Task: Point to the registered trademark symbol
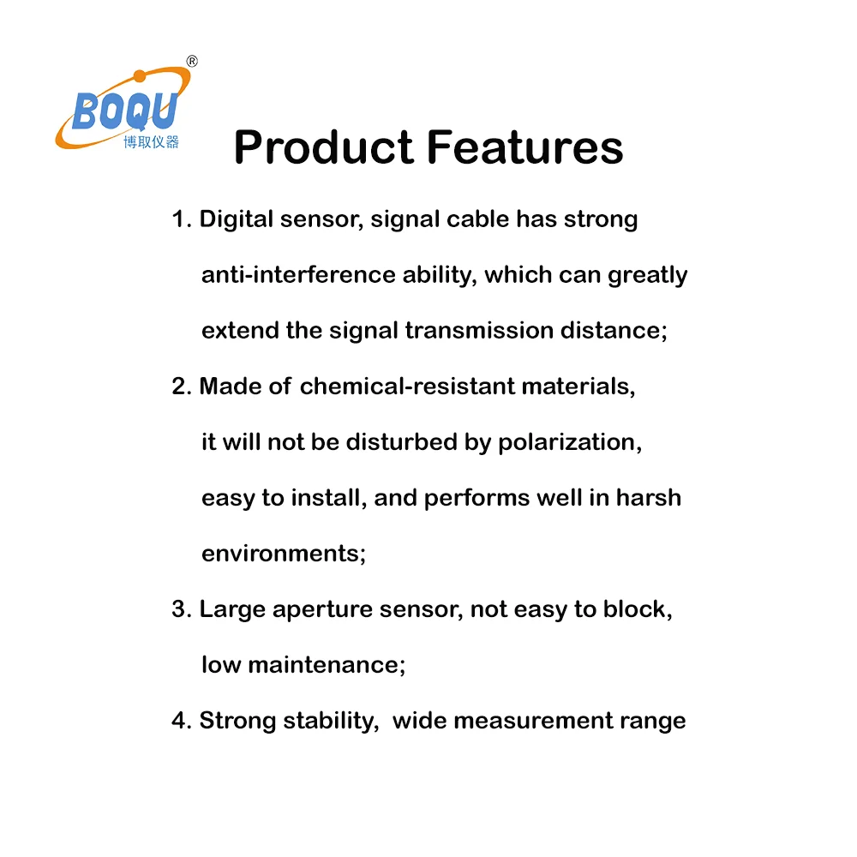192,61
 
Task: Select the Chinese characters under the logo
151,142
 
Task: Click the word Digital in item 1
237,219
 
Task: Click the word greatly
647,276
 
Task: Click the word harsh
648,498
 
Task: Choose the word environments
281,554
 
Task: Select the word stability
330,721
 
